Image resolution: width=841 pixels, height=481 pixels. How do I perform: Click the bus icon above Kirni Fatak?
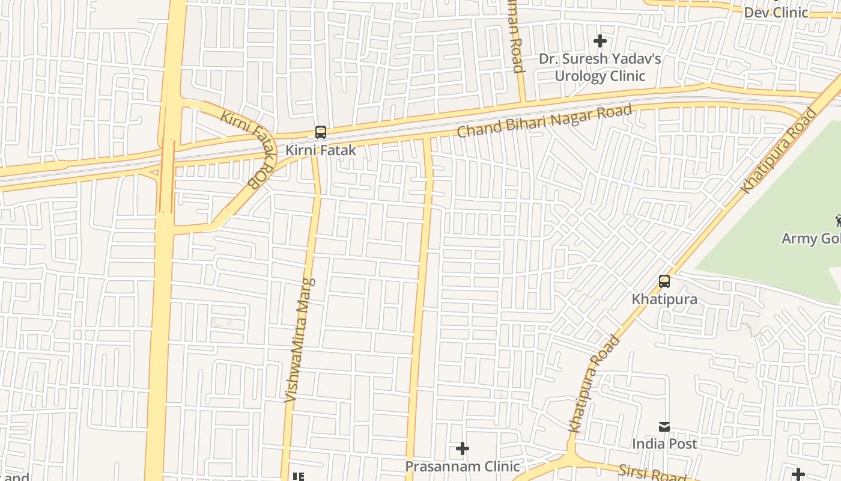pyautogui.click(x=321, y=132)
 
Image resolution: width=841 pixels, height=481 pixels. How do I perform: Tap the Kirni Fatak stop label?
pyautogui.click(x=321, y=150)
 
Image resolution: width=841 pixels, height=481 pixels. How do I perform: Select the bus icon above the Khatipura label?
pyautogui.click(x=664, y=281)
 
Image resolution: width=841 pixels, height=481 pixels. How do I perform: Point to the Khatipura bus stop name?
pyautogui.click(x=664, y=299)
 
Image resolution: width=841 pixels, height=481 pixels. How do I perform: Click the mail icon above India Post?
pyautogui.click(x=664, y=427)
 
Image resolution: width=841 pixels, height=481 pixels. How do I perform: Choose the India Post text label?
pyautogui.click(x=664, y=444)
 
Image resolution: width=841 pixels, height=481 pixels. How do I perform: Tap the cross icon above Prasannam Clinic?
pyautogui.click(x=463, y=449)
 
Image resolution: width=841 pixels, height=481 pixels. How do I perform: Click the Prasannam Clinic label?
pyautogui.click(x=463, y=466)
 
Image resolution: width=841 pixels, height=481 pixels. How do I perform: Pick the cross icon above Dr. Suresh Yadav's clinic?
pyautogui.click(x=600, y=41)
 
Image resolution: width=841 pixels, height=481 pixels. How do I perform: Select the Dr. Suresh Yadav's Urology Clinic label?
pyautogui.click(x=600, y=67)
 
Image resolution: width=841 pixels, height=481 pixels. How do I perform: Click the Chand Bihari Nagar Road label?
pyautogui.click(x=545, y=121)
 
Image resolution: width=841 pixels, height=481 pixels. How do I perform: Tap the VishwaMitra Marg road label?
pyautogui.click(x=299, y=340)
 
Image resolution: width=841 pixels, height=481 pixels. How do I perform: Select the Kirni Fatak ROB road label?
pyautogui.click(x=249, y=148)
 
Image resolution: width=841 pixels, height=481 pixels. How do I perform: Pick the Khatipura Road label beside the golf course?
pyautogui.click(x=779, y=150)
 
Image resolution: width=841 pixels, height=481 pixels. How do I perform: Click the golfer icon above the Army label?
pyautogui.click(x=837, y=221)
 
